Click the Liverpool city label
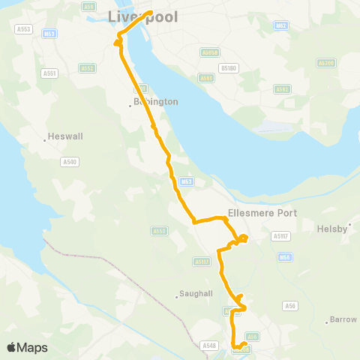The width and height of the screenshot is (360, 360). coord(143,16)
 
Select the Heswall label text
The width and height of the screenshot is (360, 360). coord(62,137)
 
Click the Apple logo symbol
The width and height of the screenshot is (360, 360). coord(11,347)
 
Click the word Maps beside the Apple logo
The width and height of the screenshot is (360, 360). coord(33,347)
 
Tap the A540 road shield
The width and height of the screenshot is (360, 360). coord(70,161)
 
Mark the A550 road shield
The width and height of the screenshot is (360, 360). coord(158,231)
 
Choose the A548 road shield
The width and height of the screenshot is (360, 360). coord(209,345)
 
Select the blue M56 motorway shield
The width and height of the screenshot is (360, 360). coord(285,257)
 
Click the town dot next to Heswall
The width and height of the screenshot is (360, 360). coord(44,138)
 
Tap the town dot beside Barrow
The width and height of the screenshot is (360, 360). coord(328,321)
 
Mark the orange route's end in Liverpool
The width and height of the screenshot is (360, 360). coord(151,13)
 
